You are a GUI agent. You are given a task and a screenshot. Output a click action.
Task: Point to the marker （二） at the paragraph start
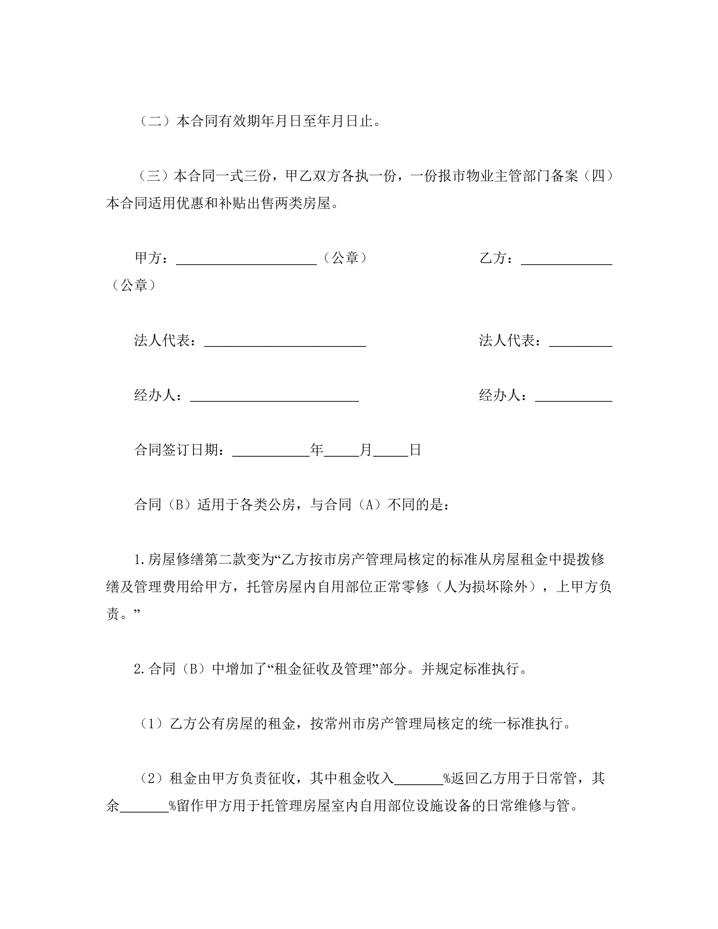pos(155,122)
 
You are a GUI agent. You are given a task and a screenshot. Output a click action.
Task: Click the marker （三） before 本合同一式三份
pos(155,176)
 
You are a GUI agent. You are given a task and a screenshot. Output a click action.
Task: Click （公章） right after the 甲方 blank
pos(345,258)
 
